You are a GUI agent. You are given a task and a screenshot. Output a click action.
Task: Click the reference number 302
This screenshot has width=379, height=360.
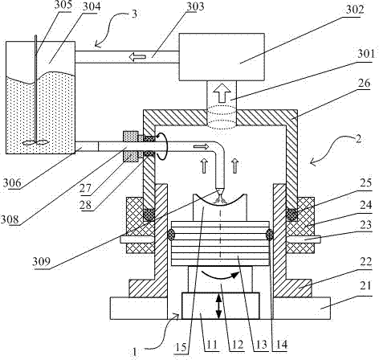click(x=355, y=10)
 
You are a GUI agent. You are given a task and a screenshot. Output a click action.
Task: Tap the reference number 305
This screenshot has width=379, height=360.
click(x=63, y=4)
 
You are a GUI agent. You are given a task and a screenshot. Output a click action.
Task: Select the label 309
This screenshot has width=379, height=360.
click(x=41, y=261)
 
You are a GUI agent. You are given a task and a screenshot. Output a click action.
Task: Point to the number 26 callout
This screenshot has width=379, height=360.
click(x=364, y=83)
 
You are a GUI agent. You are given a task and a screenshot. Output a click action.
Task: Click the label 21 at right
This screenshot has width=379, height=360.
click(x=365, y=286)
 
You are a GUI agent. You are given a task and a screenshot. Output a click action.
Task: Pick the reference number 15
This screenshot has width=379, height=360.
click(x=181, y=348)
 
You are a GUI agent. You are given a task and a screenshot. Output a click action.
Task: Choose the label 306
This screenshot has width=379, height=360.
click(x=12, y=183)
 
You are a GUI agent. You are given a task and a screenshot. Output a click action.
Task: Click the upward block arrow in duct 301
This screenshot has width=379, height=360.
click(x=222, y=92)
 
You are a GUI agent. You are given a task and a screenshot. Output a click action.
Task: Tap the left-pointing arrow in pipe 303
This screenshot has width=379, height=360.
click(x=137, y=57)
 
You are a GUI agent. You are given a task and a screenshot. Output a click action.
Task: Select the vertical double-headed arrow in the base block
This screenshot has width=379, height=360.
click(x=219, y=305)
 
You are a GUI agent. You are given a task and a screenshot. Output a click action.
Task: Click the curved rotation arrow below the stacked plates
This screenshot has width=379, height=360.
click(x=220, y=276)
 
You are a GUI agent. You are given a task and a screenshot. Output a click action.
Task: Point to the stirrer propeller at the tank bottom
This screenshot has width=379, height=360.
click(x=36, y=143)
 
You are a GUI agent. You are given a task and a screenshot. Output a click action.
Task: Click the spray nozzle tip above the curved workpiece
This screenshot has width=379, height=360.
click(x=220, y=191)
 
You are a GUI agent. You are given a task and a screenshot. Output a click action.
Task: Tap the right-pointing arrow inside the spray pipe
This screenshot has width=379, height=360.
click(x=201, y=146)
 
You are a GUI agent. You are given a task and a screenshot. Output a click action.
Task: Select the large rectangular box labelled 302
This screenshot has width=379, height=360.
click(x=222, y=57)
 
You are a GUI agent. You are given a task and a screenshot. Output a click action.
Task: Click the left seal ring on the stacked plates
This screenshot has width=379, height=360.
click(x=171, y=235)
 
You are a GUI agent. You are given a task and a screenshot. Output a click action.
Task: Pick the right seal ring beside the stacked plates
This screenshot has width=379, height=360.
click(x=269, y=235)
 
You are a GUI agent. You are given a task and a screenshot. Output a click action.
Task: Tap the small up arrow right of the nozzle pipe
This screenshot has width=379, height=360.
click(x=235, y=166)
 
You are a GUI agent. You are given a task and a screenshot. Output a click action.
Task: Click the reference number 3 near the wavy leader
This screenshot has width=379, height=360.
click(x=134, y=14)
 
